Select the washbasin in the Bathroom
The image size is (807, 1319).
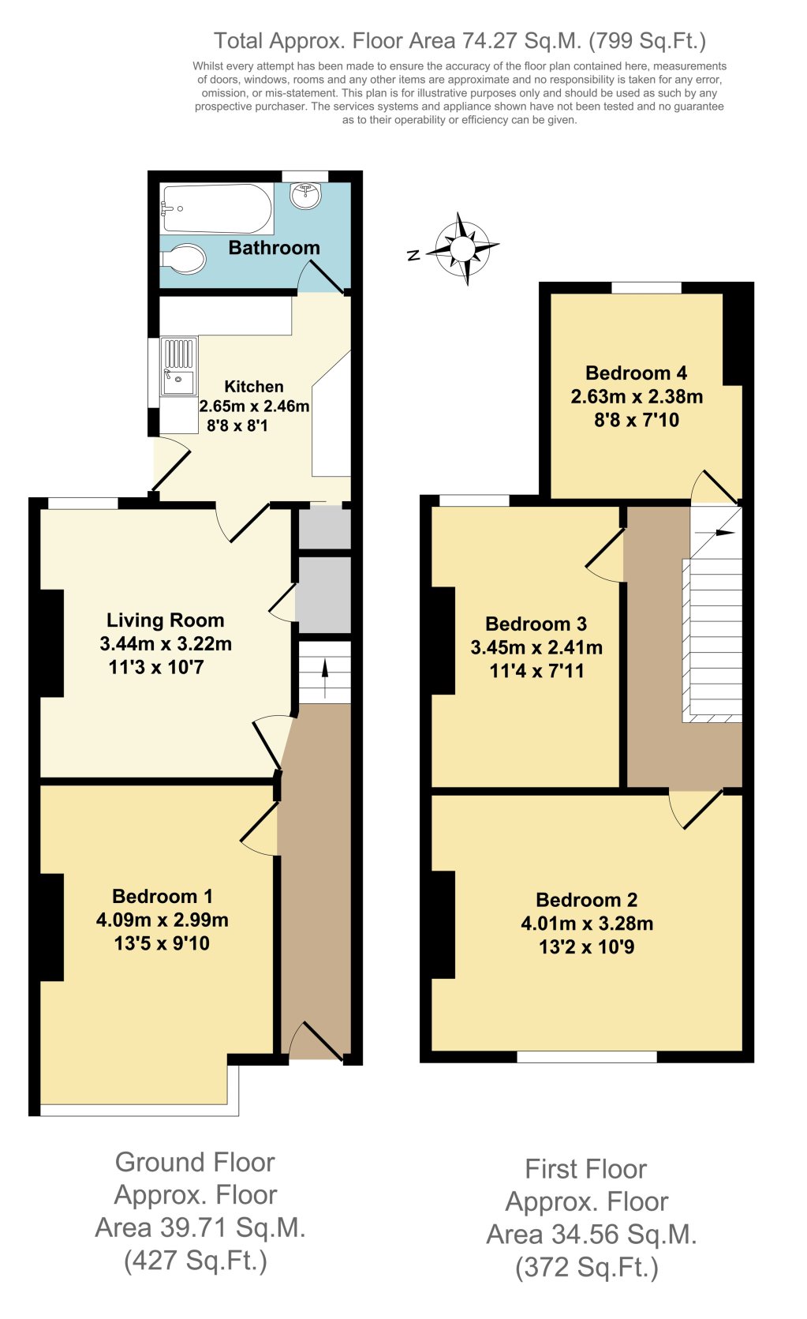[305, 195]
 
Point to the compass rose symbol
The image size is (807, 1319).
[463, 249]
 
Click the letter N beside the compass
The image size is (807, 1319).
[413, 255]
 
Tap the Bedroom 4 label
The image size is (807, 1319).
[636, 373]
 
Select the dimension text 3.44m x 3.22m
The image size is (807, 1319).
[166, 644]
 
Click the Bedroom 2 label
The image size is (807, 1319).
[586, 900]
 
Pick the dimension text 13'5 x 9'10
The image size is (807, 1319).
[162, 943]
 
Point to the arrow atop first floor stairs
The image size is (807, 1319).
[723, 534]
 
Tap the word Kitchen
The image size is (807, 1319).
[254, 387]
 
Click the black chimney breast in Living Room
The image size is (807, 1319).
[52, 643]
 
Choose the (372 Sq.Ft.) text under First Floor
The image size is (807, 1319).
[586, 1268]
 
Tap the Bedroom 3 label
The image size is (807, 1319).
[536, 624]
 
